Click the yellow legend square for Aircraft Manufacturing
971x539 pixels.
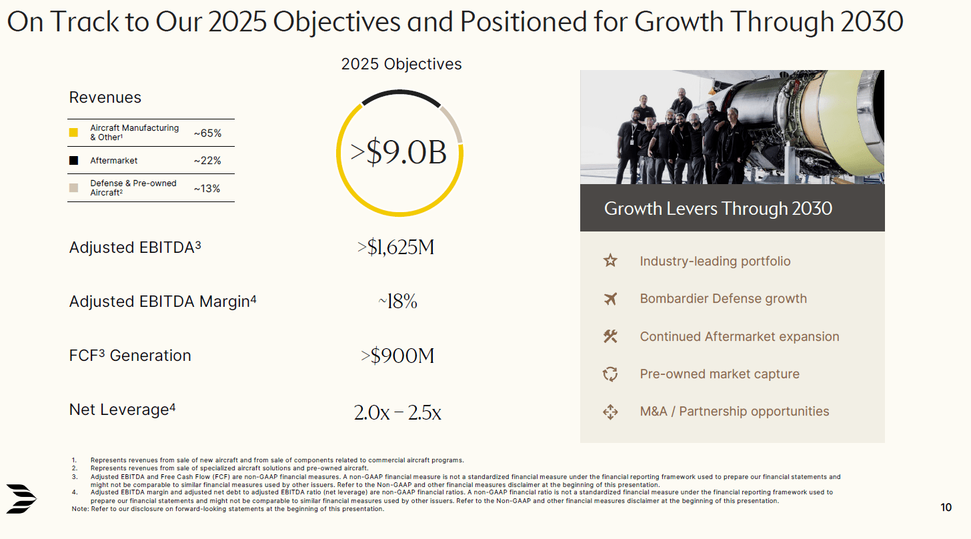[73, 132]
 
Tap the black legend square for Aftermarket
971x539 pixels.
[73, 161]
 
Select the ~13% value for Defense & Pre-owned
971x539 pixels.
[207, 189]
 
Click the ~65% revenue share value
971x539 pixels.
[207, 133]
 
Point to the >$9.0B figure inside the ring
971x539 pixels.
[399, 153]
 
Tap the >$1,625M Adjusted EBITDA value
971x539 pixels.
[396, 247]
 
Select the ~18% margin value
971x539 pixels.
[397, 302]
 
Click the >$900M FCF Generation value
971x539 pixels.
[397, 356]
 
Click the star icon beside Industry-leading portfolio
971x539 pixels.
[610, 261]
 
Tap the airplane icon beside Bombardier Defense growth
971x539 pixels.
[610, 299]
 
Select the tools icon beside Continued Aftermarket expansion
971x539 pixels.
[610, 337]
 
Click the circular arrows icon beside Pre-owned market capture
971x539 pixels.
[610, 374]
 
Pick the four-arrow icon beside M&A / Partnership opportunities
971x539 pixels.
[610, 412]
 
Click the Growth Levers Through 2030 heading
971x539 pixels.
[718, 209]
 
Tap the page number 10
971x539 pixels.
[946, 508]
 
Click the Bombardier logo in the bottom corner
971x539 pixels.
[22, 498]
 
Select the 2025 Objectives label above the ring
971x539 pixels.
[401, 64]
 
